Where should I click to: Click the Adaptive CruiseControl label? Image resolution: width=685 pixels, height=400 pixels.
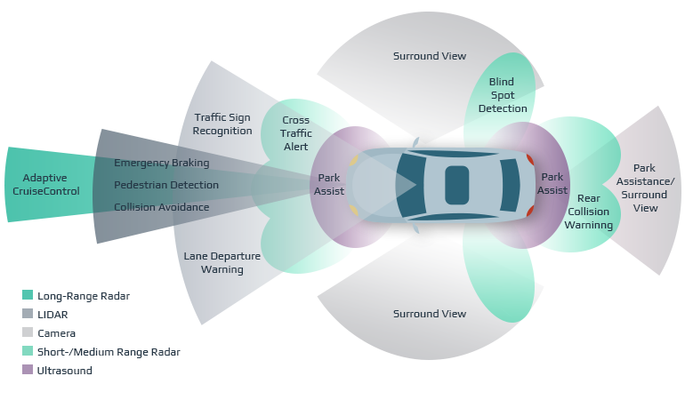pyautogui.click(x=51, y=184)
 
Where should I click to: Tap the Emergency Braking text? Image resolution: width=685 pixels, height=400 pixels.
pyautogui.click(x=162, y=163)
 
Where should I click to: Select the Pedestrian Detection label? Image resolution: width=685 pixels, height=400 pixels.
pyautogui.click(x=166, y=185)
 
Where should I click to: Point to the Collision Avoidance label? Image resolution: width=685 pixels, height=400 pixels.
pyautogui.click(x=162, y=207)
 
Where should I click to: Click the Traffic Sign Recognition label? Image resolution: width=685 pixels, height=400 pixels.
pyautogui.click(x=223, y=124)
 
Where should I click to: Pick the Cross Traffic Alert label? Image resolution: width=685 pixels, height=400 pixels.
pyautogui.click(x=296, y=133)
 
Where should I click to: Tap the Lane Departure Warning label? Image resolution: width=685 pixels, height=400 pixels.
pyautogui.click(x=222, y=262)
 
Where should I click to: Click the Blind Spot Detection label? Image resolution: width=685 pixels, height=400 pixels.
pyautogui.click(x=503, y=95)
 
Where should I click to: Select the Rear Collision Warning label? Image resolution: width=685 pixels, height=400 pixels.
pyautogui.click(x=589, y=212)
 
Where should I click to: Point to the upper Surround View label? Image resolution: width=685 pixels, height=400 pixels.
pyautogui.click(x=429, y=56)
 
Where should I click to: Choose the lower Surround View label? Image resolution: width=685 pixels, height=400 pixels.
pyautogui.click(x=429, y=313)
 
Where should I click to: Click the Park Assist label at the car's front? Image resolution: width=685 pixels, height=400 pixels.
pyautogui.click(x=329, y=184)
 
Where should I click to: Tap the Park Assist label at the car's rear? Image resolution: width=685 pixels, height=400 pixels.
pyautogui.click(x=552, y=183)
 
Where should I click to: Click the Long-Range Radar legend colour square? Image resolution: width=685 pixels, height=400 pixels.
pyautogui.click(x=28, y=295)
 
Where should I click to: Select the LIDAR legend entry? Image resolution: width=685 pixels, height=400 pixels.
pyautogui.click(x=52, y=314)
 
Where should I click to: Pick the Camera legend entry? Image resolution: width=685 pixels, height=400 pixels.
pyautogui.click(x=56, y=333)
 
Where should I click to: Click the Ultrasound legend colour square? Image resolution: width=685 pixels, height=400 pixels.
pyautogui.click(x=28, y=371)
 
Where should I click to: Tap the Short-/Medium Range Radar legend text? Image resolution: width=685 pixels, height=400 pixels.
pyautogui.click(x=109, y=352)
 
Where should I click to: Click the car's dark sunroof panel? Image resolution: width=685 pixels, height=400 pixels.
pyautogui.click(x=457, y=184)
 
